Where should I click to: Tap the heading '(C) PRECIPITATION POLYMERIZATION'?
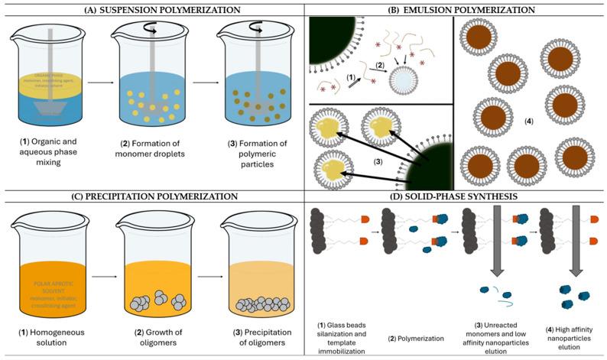(x=153, y=196)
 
